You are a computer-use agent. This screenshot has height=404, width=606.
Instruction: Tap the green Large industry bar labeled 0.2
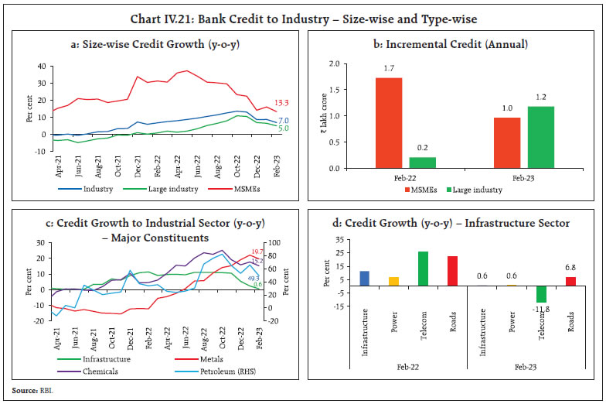pos(423,163)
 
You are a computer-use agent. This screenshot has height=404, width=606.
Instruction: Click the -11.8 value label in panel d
pos(541,309)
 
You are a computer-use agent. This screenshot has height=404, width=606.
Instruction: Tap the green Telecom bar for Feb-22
pos(422,269)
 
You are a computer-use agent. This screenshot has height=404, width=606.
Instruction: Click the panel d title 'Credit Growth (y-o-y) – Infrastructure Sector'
pos(451,224)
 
